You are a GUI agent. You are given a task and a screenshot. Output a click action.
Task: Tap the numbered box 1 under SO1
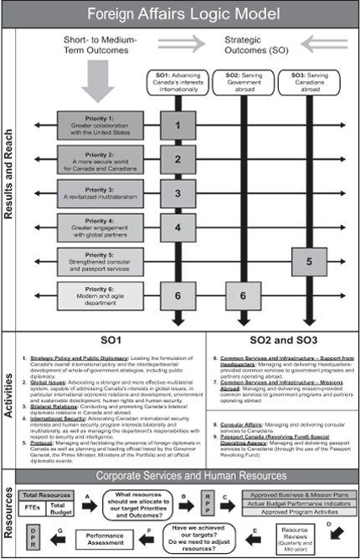pos(177,125)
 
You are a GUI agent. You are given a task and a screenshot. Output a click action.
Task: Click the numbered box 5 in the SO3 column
pos(309,262)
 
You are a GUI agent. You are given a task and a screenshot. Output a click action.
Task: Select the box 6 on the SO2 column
pos(243,296)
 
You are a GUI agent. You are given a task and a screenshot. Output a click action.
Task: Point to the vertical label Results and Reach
pos(10,176)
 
